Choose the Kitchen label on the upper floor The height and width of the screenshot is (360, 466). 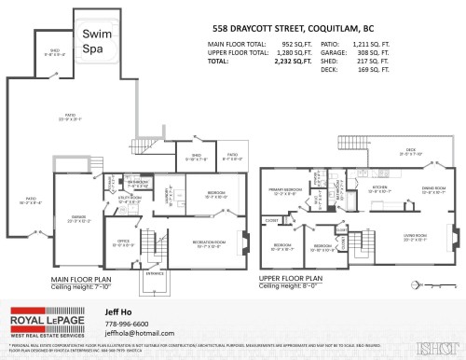click(x=379, y=189)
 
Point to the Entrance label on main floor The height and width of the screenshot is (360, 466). click(x=155, y=273)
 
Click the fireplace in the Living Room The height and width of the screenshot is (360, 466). click(x=455, y=237)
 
